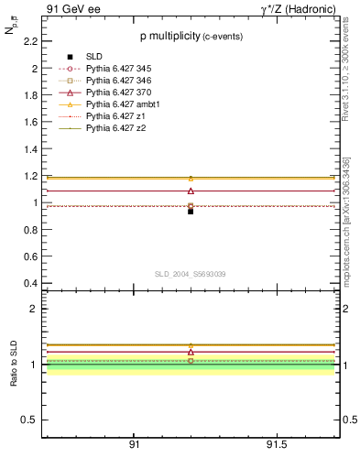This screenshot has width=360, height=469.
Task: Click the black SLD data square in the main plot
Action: tap(191, 211)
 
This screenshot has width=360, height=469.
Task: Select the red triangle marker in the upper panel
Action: tap(191, 191)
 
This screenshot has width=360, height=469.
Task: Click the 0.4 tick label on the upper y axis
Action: tap(29, 283)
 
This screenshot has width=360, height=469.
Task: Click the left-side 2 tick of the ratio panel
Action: tap(34, 309)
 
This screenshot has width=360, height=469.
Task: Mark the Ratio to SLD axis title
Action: tap(15, 364)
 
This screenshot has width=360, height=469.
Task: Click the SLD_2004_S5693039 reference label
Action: tap(191, 274)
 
